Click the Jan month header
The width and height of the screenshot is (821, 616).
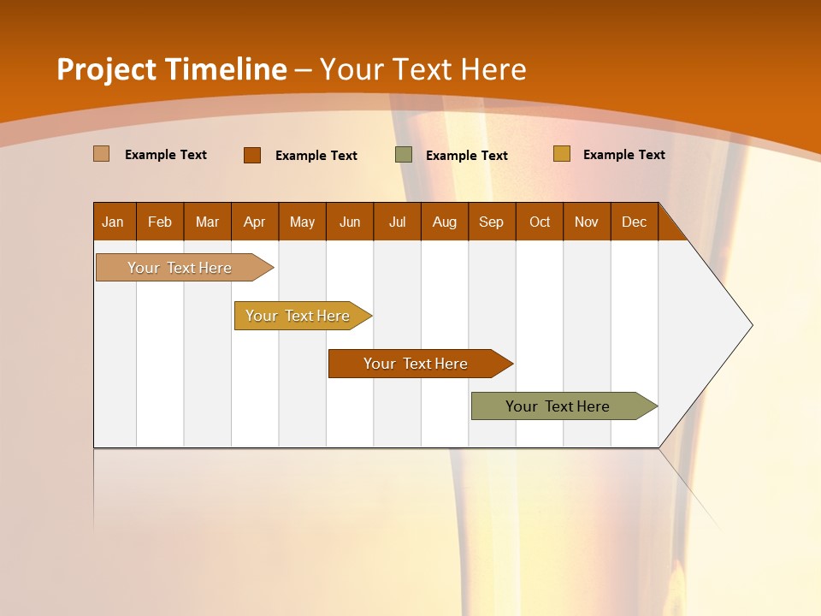pos(114,222)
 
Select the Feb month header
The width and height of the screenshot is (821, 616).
pos(160,222)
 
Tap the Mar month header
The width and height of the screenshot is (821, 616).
pos(207,222)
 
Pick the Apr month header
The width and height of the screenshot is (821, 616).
pos(255,222)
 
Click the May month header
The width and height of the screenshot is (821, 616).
pos(302,222)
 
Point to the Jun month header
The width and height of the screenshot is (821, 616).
pos(350,222)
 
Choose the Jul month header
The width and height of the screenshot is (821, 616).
pos(397,222)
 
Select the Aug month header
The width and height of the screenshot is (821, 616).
pos(445,222)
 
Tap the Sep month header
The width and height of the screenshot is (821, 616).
pos(492,222)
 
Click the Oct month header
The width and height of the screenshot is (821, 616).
pos(540,222)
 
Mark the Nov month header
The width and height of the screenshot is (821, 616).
pos(587,222)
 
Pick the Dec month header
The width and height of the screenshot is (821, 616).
pos(635,222)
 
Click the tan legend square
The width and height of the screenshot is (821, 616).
pos(102,154)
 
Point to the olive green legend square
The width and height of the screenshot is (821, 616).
pos(404,154)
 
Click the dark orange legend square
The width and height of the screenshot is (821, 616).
pos(252,155)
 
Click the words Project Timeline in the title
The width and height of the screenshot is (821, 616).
pos(172,68)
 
